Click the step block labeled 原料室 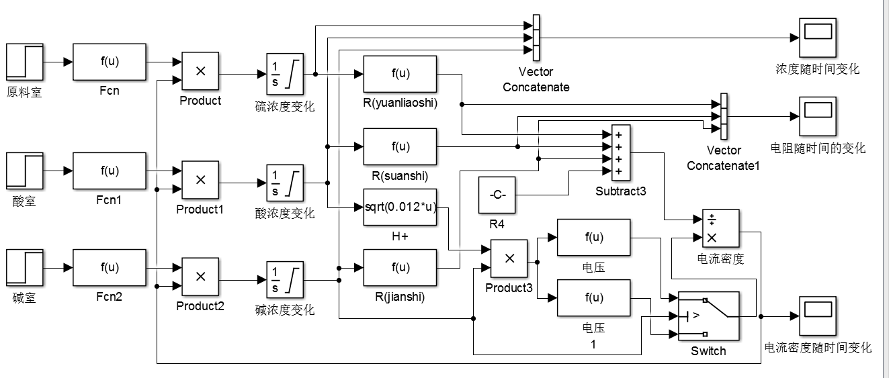[25, 62]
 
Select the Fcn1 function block [109, 171]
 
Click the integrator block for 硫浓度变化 [285, 73]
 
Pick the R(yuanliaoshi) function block [400, 74]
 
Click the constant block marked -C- [497, 195]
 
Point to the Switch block [708, 316]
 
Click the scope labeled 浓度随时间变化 [818, 38]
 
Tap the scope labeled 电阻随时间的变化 [818, 115]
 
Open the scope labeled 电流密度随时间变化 [818, 316]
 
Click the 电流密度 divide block [720, 228]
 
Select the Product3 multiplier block [509, 258]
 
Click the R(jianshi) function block [400, 267]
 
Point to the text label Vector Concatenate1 [723, 158]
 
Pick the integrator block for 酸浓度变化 [285, 183]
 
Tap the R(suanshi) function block [400, 146]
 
